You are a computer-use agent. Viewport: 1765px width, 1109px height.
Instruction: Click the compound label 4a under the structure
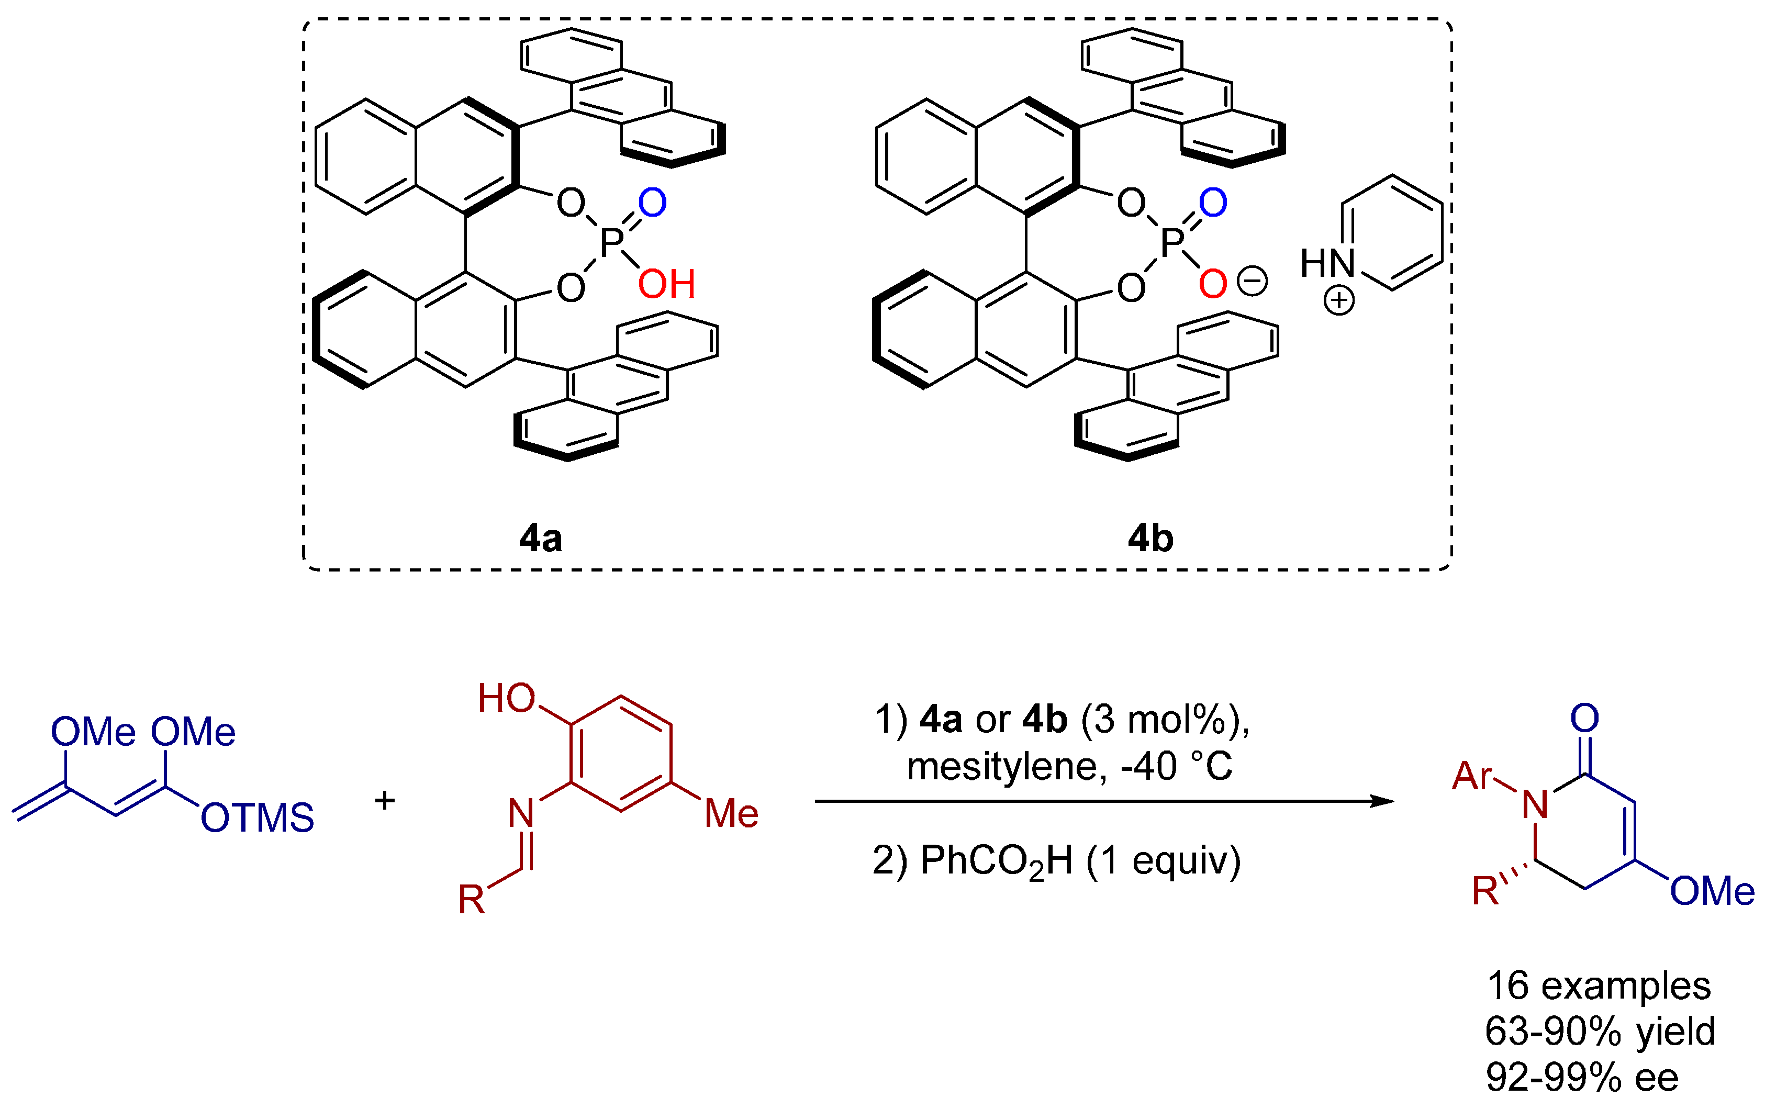540,539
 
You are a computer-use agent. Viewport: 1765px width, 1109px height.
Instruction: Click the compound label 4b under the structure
1150,539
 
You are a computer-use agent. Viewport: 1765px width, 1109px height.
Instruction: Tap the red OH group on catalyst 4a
666,284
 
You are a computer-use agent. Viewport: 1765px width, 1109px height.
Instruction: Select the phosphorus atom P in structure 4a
611,243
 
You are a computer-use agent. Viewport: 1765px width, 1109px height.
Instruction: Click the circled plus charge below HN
1338,300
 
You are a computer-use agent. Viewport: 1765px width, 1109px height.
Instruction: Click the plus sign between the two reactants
385,800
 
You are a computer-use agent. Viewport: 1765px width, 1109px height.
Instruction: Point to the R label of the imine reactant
471,899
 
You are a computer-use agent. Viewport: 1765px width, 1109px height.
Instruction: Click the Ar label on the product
1472,776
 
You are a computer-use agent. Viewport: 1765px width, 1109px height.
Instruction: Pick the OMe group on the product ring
1712,891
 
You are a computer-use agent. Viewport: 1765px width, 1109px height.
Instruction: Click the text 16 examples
1598,986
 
